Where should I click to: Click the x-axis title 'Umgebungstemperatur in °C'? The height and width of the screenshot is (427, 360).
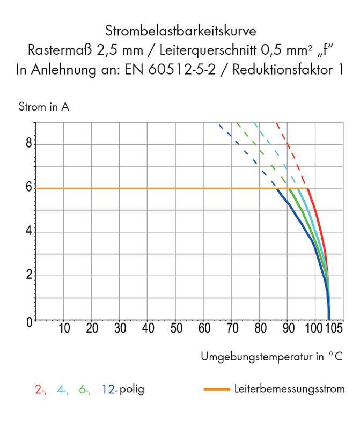coord(272,356)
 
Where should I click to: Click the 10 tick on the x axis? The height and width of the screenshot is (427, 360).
coord(64,328)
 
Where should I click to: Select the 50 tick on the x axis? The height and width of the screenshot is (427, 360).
coord(176,328)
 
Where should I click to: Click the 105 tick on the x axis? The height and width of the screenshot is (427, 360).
coord(334,328)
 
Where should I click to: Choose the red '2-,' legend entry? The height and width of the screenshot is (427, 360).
coord(40,389)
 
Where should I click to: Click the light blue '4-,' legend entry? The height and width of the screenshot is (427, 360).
coord(63,389)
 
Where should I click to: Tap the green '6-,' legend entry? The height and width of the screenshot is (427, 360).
coord(85,389)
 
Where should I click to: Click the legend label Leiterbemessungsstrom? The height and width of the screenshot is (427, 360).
coord(289,389)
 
